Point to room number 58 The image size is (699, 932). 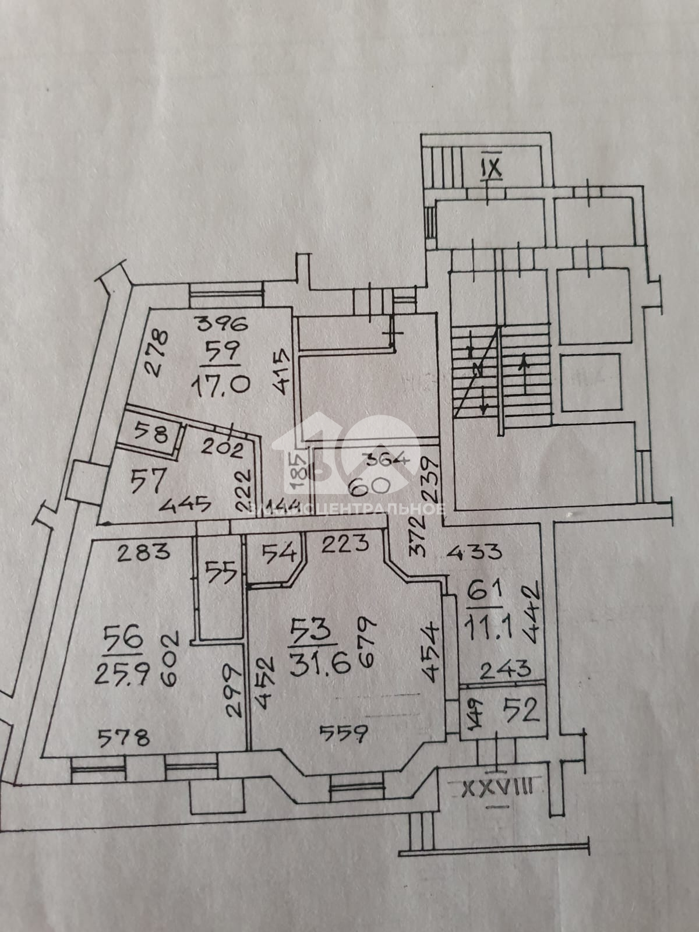[x=151, y=433]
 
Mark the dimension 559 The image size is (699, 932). [x=344, y=733]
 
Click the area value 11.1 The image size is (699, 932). [x=486, y=628]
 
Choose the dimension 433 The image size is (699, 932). [x=475, y=550]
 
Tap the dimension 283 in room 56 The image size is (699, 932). [x=143, y=551]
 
